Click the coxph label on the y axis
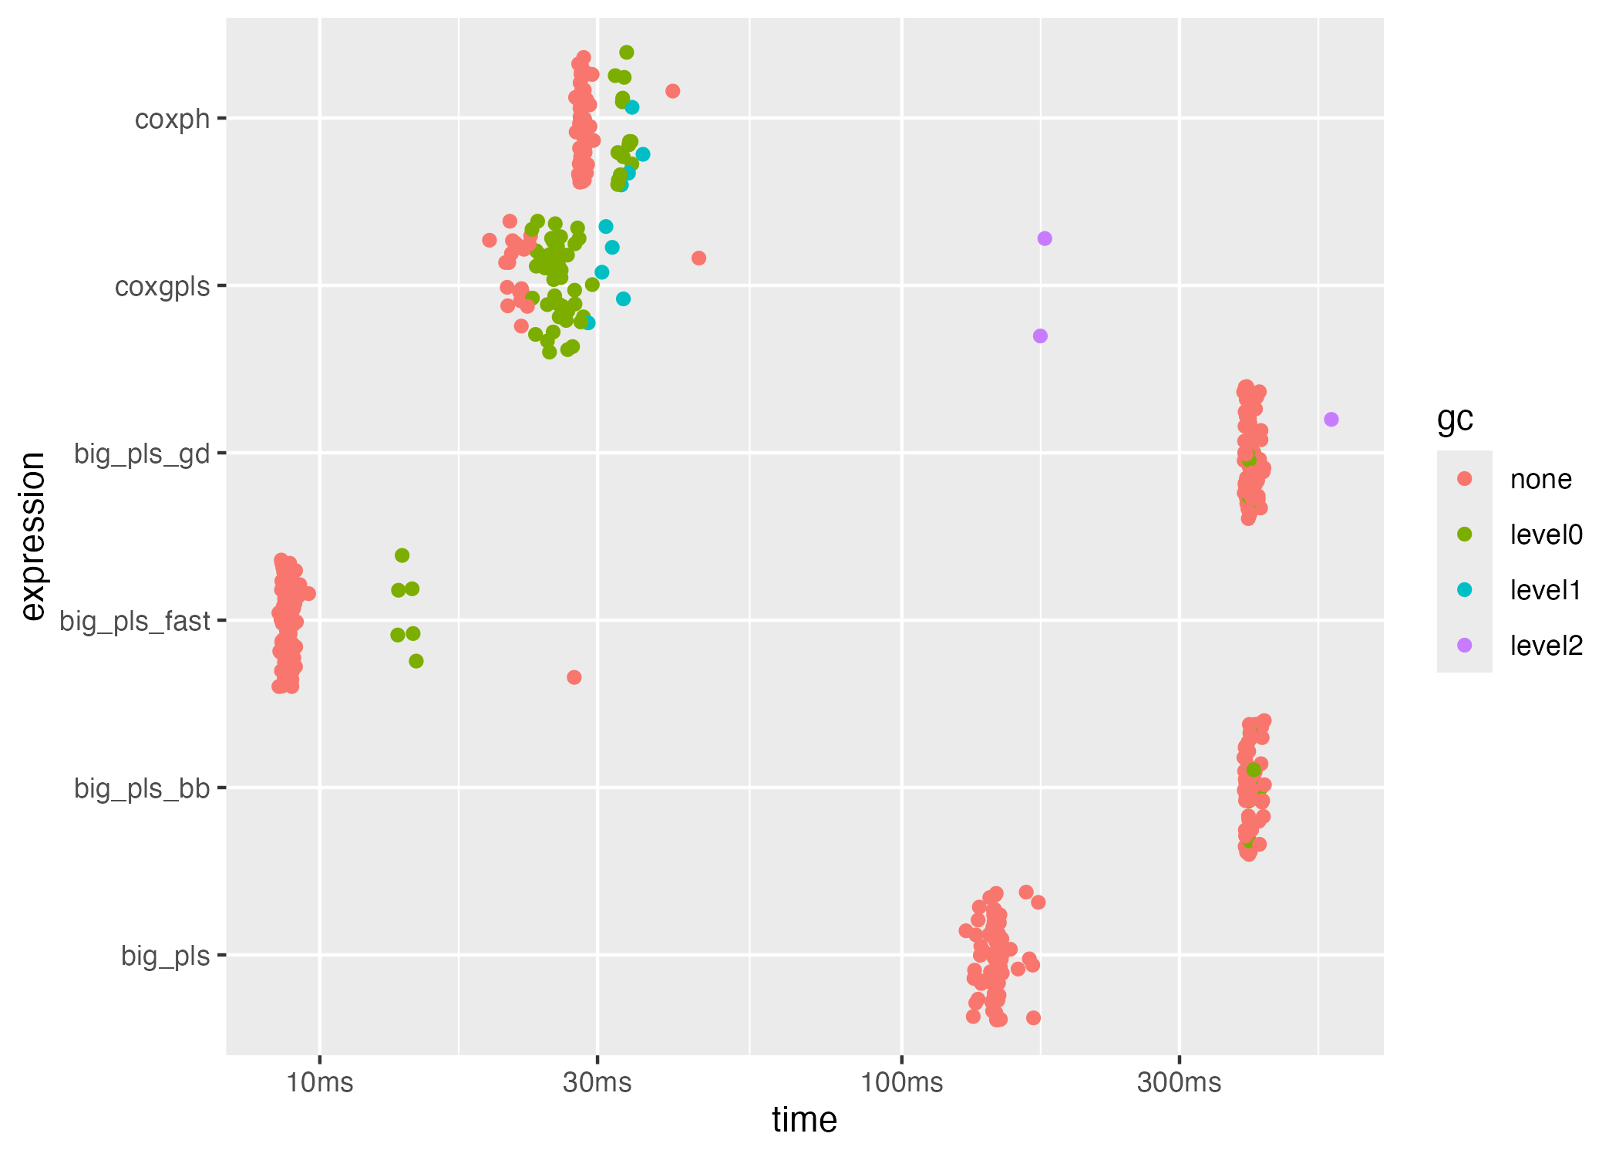tap(172, 120)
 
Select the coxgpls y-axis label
tap(162, 287)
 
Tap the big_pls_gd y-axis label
tap(142, 454)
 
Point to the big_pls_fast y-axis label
tap(135, 621)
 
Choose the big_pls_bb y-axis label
tap(142, 788)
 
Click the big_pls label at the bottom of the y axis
tap(165, 956)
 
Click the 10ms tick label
tap(320, 1082)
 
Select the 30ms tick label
tap(597, 1082)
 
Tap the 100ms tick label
tap(901, 1082)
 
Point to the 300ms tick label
tap(1179, 1082)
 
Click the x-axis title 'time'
tap(804, 1120)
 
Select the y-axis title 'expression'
tap(33, 536)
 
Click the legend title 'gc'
tap(1455, 419)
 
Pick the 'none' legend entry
tap(1540, 480)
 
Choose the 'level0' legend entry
tap(1546, 535)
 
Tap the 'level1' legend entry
tap(1546, 590)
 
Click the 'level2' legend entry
tap(1546, 646)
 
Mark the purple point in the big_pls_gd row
tap(1331, 420)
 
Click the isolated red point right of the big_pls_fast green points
tap(574, 677)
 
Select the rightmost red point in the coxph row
tap(672, 91)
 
